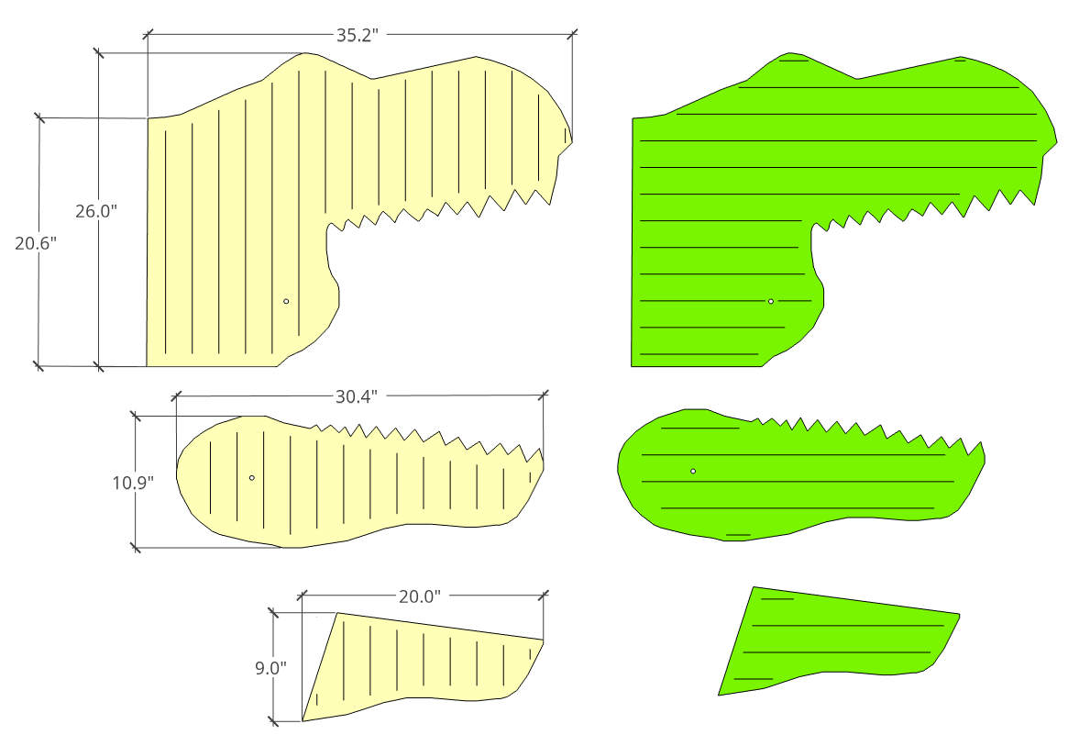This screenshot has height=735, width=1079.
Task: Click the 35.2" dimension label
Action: click(358, 35)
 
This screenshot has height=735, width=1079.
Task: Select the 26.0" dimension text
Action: click(96, 211)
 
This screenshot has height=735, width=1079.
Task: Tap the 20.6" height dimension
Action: click(36, 242)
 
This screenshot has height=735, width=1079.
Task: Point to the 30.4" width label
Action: click(357, 396)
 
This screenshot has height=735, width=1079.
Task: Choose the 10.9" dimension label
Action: click(134, 482)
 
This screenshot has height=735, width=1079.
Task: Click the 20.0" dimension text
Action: click(420, 596)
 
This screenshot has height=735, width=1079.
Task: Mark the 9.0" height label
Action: click(271, 667)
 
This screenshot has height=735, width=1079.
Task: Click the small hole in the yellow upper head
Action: click(286, 301)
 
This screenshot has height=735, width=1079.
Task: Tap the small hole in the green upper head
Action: click(771, 301)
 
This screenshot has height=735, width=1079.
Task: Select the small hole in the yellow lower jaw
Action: click(252, 477)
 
